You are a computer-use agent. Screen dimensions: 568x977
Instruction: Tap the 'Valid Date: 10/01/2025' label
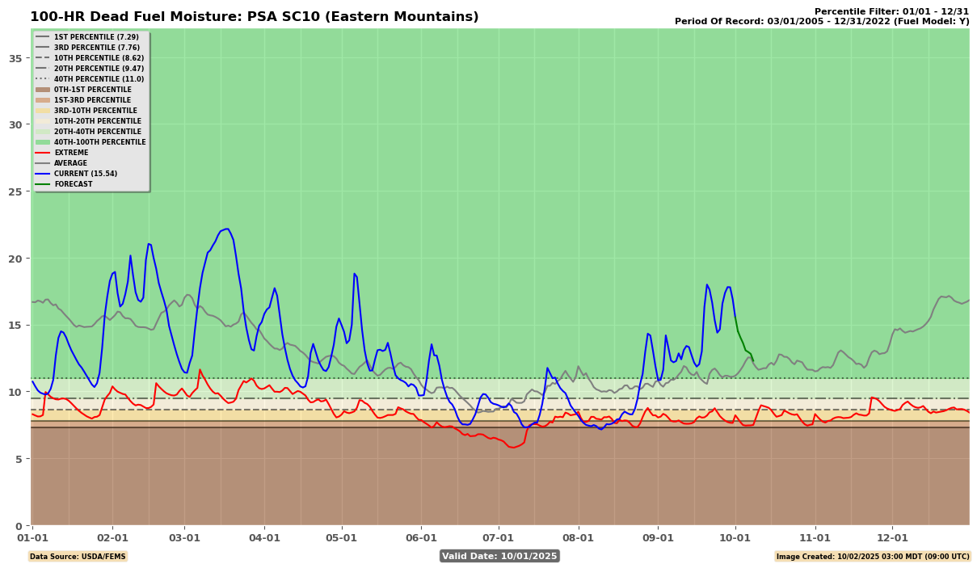point(499,556)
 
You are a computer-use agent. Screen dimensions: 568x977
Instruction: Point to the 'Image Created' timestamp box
point(873,556)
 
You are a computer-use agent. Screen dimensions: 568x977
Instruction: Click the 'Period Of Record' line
point(821,22)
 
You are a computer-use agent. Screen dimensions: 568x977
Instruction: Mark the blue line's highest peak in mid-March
point(227,229)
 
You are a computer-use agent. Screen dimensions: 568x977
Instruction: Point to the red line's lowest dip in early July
point(512,447)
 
